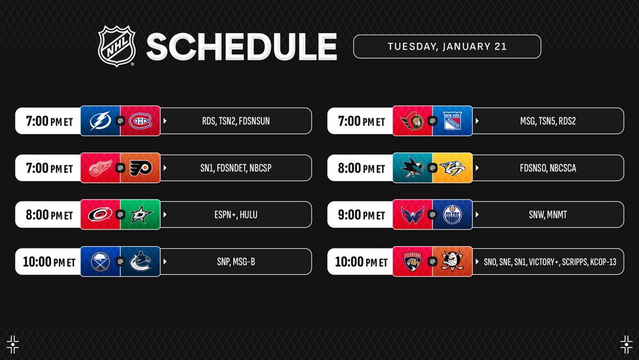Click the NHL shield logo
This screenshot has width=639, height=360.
[x=116, y=45]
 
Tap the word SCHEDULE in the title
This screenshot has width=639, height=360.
[x=242, y=47]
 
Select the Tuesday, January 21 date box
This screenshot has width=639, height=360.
[x=447, y=47]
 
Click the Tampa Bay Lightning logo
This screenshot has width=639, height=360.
[x=100, y=121]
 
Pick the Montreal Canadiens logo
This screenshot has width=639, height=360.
[x=140, y=121]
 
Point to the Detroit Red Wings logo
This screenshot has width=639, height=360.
[x=100, y=168]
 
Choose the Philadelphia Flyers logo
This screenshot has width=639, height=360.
[x=141, y=168]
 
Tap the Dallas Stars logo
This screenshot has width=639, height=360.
[x=141, y=214]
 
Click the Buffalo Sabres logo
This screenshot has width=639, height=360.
[x=100, y=262]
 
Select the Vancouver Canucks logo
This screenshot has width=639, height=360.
[x=141, y=262]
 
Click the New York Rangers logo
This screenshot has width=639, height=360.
[x=452, y=121]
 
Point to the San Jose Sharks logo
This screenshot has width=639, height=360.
[x=412, y=168]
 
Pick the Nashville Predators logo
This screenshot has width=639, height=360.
[x=452, y=168]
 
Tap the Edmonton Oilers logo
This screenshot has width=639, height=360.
[x=452, y=214]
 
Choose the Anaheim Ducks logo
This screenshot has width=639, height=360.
[x=452, y=262]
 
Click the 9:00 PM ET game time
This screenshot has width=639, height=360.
[x=362, y=214]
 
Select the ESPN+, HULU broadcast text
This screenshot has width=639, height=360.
[x=236, y=214]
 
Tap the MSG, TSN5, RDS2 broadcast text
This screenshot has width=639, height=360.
[x=548, y=121]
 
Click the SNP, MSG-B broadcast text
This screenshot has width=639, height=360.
[x=236, y=262]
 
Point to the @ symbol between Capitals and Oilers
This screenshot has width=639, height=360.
[x=433, y=214]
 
